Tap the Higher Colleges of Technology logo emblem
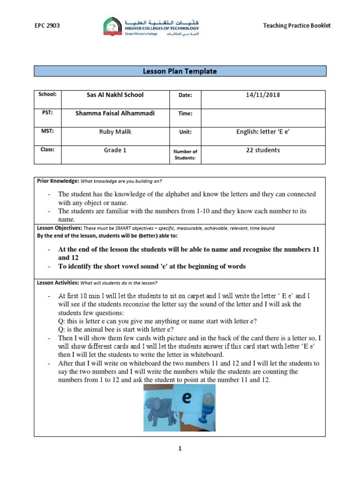pos(112,26)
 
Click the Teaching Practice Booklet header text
pos(297,26)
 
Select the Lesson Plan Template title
pos(180,71)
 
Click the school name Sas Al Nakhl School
pos(115,95)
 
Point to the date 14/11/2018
pos(262,95)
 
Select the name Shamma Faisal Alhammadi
pos(115,113)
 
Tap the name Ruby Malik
pos(115,132)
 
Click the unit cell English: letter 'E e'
pos(262,132)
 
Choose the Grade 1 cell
pos(115,150)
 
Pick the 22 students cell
pos(262,150)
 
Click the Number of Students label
pos(186,154)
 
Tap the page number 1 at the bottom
pos(180,449)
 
